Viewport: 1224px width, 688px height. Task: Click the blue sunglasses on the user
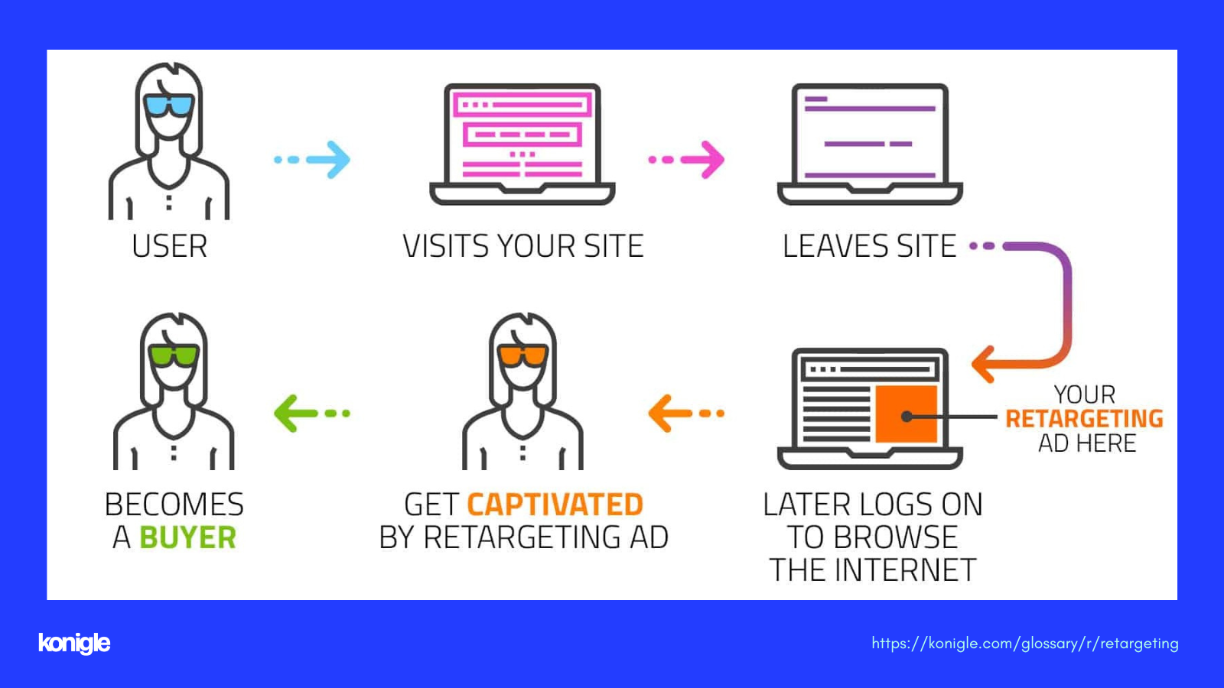[169, 105]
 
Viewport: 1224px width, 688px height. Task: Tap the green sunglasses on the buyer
[174, 355]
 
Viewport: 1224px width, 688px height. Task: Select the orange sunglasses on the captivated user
[523, 355]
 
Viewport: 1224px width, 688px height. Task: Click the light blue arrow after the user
[312, 160]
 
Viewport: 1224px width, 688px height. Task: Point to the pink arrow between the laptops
[686, 160]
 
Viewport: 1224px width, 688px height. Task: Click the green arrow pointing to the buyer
[311, 414]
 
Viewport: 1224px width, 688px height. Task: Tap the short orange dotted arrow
[686, 414]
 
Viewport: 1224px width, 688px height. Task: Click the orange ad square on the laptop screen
[906, 414]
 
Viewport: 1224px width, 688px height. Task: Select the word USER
[169, 245]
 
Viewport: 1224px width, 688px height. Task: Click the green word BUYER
[188, 537]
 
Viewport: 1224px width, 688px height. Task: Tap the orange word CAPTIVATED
[555, 504]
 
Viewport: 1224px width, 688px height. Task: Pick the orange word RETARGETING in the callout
[1084, 419]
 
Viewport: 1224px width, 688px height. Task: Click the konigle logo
[74, 643]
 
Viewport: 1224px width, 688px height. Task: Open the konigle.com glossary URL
[1024, 643]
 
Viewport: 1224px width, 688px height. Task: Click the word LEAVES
[835, 245]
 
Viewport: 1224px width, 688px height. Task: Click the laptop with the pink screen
[522, 144]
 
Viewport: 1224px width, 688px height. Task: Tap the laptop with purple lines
[870, 144]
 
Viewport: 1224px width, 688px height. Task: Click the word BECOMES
[174, 504]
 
